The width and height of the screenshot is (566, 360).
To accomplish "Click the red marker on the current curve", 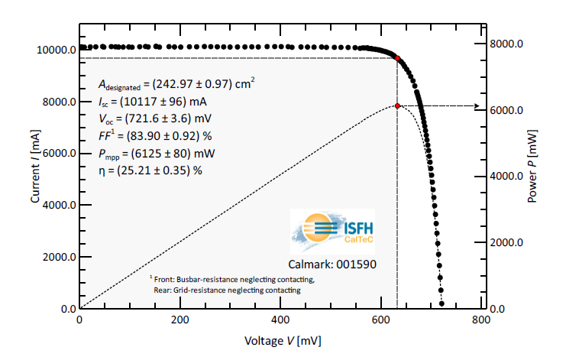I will [397, 58].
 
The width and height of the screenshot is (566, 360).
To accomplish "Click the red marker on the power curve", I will [397, 105].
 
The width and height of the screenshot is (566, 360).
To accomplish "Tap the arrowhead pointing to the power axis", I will [477, 106].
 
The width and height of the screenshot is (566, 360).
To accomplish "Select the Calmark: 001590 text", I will [334, 263].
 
